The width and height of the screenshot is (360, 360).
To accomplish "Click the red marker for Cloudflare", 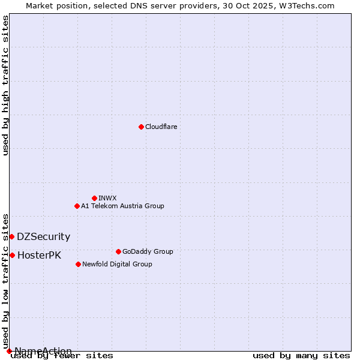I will coord(141,127).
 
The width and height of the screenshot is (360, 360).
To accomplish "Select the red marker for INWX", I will coord(94,198).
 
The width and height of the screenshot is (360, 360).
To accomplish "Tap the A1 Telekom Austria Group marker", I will coord(77,206).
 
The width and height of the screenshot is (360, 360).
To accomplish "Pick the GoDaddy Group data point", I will coord(118,251).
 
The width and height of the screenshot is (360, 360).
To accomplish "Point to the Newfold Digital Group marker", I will coord(78,264).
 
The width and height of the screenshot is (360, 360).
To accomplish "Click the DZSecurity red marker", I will coord(11,236).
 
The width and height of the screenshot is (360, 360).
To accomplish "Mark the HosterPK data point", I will coord(12,255).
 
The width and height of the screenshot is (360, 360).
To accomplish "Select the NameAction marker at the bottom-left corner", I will coord(9,351).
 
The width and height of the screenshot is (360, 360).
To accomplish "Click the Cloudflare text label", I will coord(161,127).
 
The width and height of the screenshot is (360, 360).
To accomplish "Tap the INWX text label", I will coord(107,198).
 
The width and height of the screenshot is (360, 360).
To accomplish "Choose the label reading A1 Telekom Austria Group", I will coord(122,206).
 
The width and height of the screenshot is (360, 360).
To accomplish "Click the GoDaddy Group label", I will coord(148,251).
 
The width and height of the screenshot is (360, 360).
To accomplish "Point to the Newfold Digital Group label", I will coord(117,264).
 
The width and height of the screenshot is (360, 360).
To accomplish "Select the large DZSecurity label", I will coord(43,237).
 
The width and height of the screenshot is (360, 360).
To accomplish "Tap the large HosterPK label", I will coord(39,256).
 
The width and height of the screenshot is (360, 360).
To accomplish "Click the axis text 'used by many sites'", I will coord(301,356).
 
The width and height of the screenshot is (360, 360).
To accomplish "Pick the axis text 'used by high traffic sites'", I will coord(6,85).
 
